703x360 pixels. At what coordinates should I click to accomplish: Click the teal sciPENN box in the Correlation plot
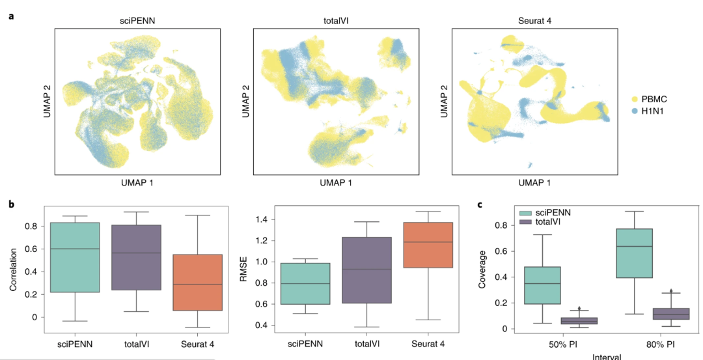[x=75, y=257]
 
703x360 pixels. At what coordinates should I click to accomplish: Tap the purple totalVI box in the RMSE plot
[x=376, y=270]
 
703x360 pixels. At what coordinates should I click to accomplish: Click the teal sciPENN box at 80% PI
[x=634, y=253]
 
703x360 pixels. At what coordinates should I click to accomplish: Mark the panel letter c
[x=480, y=204]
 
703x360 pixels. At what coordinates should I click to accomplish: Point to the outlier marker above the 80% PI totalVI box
[x=670, y=292]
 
